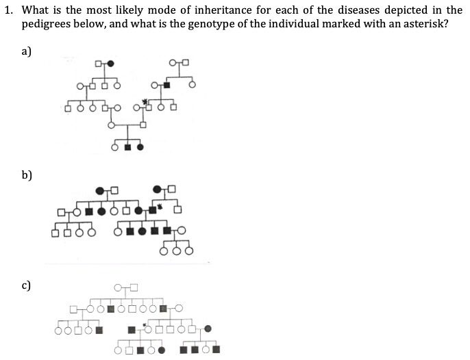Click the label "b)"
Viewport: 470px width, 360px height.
click(x=27, y=176)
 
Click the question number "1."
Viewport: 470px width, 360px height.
click(x=9, y=10)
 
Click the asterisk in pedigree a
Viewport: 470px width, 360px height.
click(x=145, y=101)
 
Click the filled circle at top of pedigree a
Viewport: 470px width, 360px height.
click(x=110, y=64)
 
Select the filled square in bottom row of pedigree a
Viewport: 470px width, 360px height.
click(x=128, y=146)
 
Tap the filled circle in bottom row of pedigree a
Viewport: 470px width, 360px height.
click(x=140, y=146)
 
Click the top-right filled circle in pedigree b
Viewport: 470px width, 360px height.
click(x=158, y=188)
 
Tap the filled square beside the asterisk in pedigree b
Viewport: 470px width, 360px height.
click(x=152, y=209)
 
